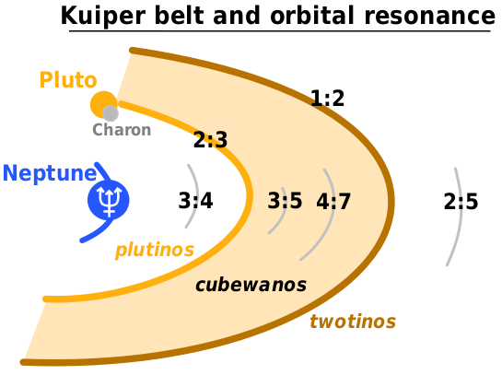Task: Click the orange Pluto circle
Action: tap(103, 104)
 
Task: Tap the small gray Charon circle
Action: tap(111, 113)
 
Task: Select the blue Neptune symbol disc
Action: tap(109, 200)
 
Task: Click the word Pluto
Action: tap(68, 80)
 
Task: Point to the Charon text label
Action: tap(122, 130)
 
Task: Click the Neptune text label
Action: tap(50, 173)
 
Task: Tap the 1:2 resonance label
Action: tap(328, 98)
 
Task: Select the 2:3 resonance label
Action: tap(210, 140)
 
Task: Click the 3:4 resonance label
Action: tap(195, 201)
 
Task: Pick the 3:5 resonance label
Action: tap(285, 201)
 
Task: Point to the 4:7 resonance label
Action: tap(333, 202)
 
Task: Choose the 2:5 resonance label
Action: tap(461, 202)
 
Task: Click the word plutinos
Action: tap(155, 250)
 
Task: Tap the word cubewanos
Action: tap(251, 285)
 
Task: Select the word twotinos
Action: tap(353, 322)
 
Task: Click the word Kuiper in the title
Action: tap(103, 17)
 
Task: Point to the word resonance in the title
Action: tap(429, 17)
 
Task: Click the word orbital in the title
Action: tap(312, 16)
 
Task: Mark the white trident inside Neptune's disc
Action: tap(110, 201)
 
